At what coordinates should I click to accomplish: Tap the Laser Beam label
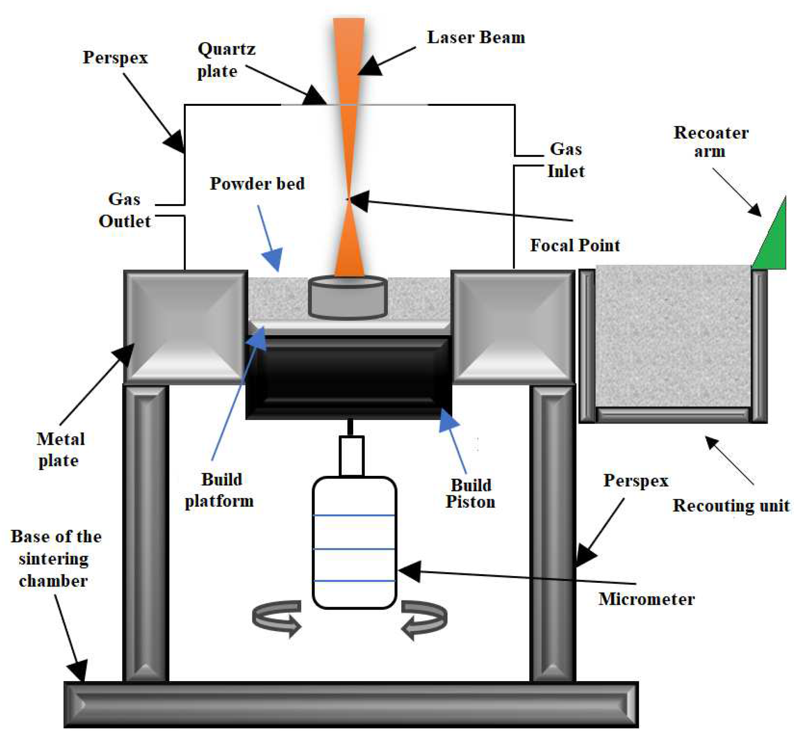tap(476, 37)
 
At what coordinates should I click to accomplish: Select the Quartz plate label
tap(226, 60)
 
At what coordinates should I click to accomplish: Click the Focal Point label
tap(575, 245)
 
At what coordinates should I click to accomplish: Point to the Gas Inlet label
tap(566, 160)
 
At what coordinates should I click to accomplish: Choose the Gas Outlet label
tap(125, 210)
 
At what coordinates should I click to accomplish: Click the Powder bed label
tap(257, 184)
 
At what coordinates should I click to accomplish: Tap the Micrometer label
tap(646, 600)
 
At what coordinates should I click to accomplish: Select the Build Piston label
tap(471, 494)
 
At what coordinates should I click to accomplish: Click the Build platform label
tap(220, 490)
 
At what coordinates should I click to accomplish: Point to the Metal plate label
tap(60, 450)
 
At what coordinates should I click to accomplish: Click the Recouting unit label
tap(731, 506)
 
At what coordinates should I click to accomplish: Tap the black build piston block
tap(348, 378)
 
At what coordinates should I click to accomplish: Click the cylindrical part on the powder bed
tap(348, 298)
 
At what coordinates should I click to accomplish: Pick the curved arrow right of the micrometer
tap(424, 619)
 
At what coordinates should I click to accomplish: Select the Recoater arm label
tap(710, 142)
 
